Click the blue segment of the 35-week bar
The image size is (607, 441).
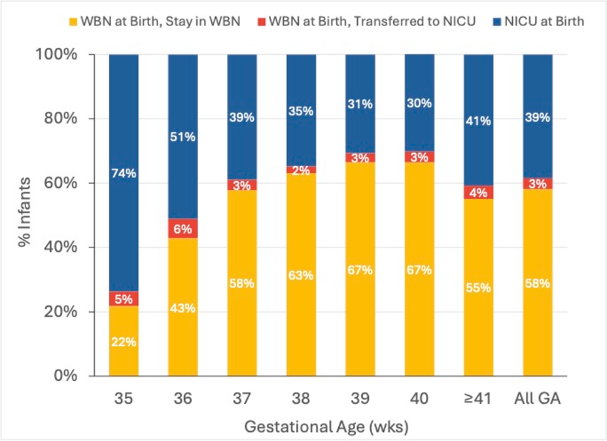click(124, 173)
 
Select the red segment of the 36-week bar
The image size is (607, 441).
click(182, 228)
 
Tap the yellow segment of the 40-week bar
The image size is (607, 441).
click(419, 269)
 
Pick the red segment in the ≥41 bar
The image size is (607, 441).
click(479, 192)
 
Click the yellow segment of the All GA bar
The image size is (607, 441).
click(538, 283)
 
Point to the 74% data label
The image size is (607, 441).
click(124, 173)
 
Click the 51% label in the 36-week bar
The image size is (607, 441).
click(182, 137)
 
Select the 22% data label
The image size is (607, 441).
click(124, 342)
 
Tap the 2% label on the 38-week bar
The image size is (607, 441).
click(301, 170)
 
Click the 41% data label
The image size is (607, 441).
click(479, 121)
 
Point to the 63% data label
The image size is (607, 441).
click(301, 275)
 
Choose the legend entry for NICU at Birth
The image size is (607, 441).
click(538, 21)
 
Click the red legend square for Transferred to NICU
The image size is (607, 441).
click(262, 22)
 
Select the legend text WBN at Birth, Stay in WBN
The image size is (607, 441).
click(160, 21)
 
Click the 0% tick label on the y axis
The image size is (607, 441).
click(65, 376)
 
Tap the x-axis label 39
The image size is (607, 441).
click(360, 398)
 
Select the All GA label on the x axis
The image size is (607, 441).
click(537, 398)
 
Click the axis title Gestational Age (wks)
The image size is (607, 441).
click(326, 427)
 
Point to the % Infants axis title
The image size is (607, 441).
click(24, 212)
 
